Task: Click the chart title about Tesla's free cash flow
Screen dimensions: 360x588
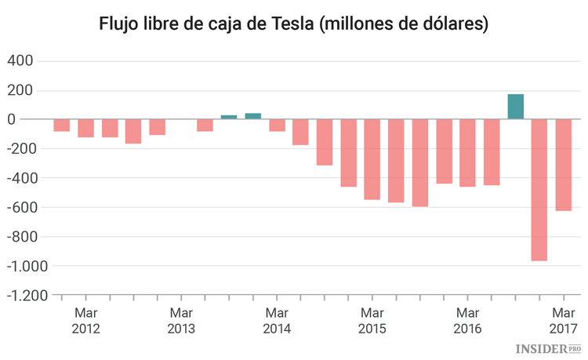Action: pyautogui.click(x=294, y=24)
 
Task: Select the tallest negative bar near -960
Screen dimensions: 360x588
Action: pyautogui.click(x=539, y=190)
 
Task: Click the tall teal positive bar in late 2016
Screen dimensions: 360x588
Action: pyautogui.click(x=515, y=107)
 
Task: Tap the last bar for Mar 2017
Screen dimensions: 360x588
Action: pyautogui.click(x=563, y=165)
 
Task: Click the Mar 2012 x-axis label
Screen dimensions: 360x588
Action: pyautogui.click(x=85, y=321)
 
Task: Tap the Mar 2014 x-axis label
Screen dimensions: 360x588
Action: pyautogui.click(x=276, y=321)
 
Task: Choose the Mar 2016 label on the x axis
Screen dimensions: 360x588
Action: pyautogui.click(x=467, y=321)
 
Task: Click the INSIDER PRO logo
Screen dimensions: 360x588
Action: pyautogui.click(x=548, y=347)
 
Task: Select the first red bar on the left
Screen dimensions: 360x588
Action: pyautogui.click(x=62, y=125)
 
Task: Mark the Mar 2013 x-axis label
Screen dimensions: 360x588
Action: pyautogui.click(x=181, y=321)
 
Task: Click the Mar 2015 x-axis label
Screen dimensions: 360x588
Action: pyautogui.click(x=372, y=321)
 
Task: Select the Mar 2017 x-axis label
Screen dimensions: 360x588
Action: pyautogui.click(x=563, y=321)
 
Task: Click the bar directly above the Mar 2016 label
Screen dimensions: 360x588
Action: pyautogui.click(x=467, y=153)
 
